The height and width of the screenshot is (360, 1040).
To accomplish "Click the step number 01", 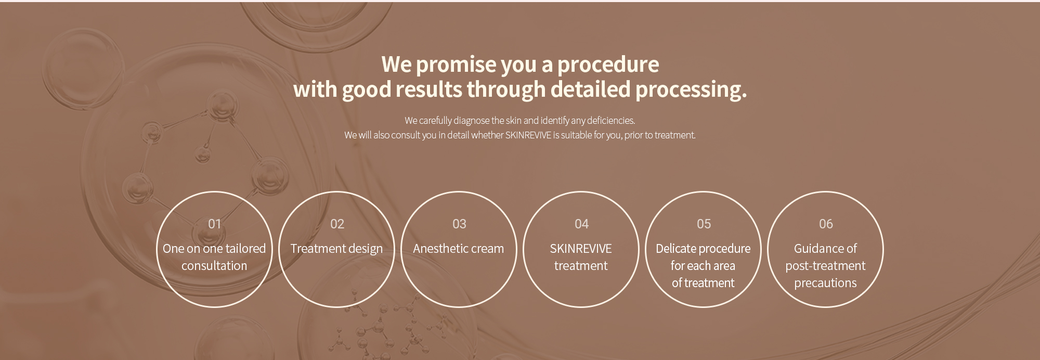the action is point(214,224).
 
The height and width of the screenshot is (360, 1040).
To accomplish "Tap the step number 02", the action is point(337,224).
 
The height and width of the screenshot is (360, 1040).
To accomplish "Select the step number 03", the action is point(459,224).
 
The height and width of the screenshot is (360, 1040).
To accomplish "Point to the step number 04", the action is point(581,224).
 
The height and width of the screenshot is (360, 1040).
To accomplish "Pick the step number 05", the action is point(704,224).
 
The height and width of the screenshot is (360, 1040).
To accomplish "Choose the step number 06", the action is point(826,224).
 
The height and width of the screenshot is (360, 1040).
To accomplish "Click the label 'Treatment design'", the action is point(336,249).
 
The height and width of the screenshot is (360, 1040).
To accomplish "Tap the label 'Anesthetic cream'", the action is point(459,249).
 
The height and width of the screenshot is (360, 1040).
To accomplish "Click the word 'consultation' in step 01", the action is point(214,266).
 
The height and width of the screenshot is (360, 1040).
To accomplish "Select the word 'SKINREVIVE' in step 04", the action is point(581,249).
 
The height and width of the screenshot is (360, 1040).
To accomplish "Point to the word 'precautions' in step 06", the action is point(825,284).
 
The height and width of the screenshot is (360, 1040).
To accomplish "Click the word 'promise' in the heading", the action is point(456,65).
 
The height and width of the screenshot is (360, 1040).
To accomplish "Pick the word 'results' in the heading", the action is point(428,89).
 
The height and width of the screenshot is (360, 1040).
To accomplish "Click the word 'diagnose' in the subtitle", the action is point(472,121).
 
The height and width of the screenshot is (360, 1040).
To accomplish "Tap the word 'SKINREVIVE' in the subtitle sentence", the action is point(528,135).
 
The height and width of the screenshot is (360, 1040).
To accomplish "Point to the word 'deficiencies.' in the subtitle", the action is point(611,121).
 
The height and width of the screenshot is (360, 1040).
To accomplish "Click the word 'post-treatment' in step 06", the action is point(825,266).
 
